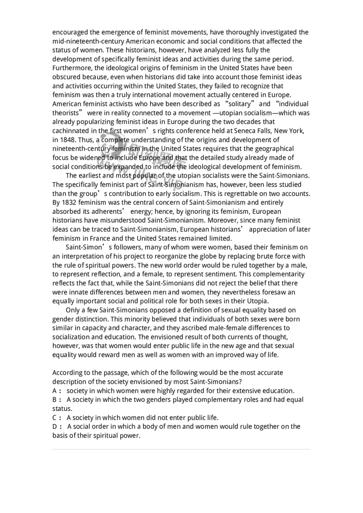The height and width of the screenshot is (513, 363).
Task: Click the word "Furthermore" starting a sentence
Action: click(72, 68)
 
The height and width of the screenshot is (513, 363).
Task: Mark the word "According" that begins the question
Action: click(68, 373)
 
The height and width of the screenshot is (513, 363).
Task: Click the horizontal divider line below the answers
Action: click(181, 449)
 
